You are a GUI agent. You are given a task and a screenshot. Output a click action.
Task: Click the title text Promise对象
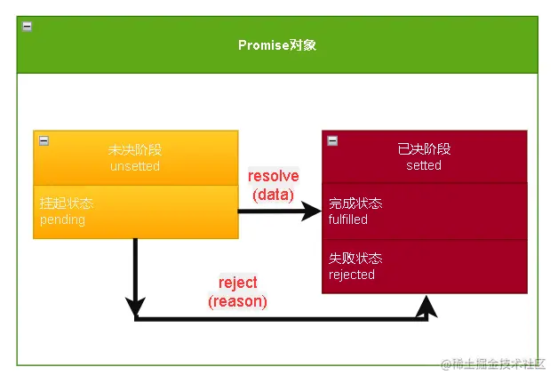pos(276,45)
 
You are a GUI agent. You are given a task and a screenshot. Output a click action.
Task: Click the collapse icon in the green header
pos(27,27)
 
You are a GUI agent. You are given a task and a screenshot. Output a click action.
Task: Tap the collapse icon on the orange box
pos(44,140)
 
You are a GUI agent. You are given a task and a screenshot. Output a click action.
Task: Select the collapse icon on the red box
pos(332,140)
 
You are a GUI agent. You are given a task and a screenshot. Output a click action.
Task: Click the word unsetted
pos(135,166)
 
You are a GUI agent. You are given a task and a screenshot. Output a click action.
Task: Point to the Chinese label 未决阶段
pos(135,150)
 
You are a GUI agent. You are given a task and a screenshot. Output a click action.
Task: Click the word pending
pos(62,219)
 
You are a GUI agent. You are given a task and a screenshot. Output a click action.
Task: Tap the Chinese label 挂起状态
pos(67,203)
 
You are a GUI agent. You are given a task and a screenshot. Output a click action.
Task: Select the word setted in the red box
pos(424,165)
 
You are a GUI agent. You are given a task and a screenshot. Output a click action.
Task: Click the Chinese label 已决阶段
pos(424,149)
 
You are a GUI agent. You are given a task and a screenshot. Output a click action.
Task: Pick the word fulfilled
pos(347,219)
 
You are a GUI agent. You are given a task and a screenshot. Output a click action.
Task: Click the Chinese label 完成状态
pos(355,203)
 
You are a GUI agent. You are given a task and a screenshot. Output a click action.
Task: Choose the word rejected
pos(351,275)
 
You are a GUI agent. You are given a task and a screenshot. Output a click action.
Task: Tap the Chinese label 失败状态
pos(355,259)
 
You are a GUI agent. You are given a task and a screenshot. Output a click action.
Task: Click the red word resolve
pos(273,176)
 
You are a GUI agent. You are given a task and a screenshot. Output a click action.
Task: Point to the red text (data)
pos(273,194)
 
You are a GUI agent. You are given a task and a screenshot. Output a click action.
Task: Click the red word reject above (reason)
pos(237,283)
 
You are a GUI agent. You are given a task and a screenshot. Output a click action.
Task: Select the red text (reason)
pos(237,301)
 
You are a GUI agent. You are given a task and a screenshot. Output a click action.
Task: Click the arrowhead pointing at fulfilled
pos(311,211)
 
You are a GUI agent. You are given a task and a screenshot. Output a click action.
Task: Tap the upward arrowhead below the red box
pos(427,306)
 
